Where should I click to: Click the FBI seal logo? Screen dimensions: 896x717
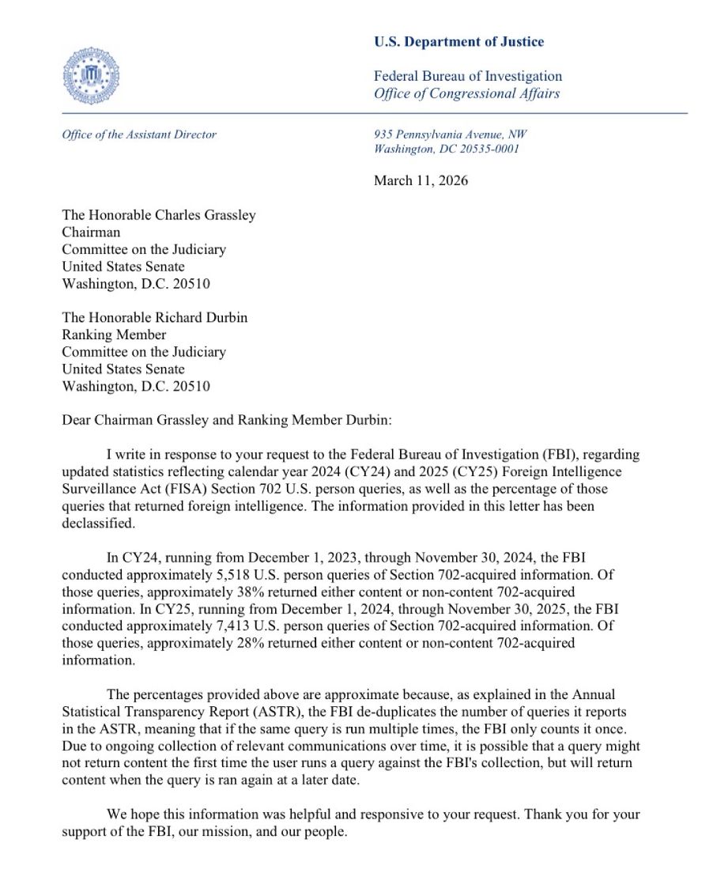tap(91, 75)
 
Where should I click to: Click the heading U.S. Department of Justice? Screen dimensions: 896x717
tap(459, 42)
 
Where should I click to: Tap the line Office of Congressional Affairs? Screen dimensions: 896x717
tap(466, 93)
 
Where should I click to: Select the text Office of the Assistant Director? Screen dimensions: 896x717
tap(139, 134)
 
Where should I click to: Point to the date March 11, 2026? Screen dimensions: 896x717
tap(421, 180)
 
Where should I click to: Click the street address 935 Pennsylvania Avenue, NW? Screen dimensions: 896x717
tap(450, 134)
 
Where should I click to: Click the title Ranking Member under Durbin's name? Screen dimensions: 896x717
tap(114, 335)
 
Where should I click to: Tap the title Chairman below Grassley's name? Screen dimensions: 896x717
tap(91, 232)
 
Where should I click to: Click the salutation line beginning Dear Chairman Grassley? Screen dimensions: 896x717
tap(226, 420)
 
